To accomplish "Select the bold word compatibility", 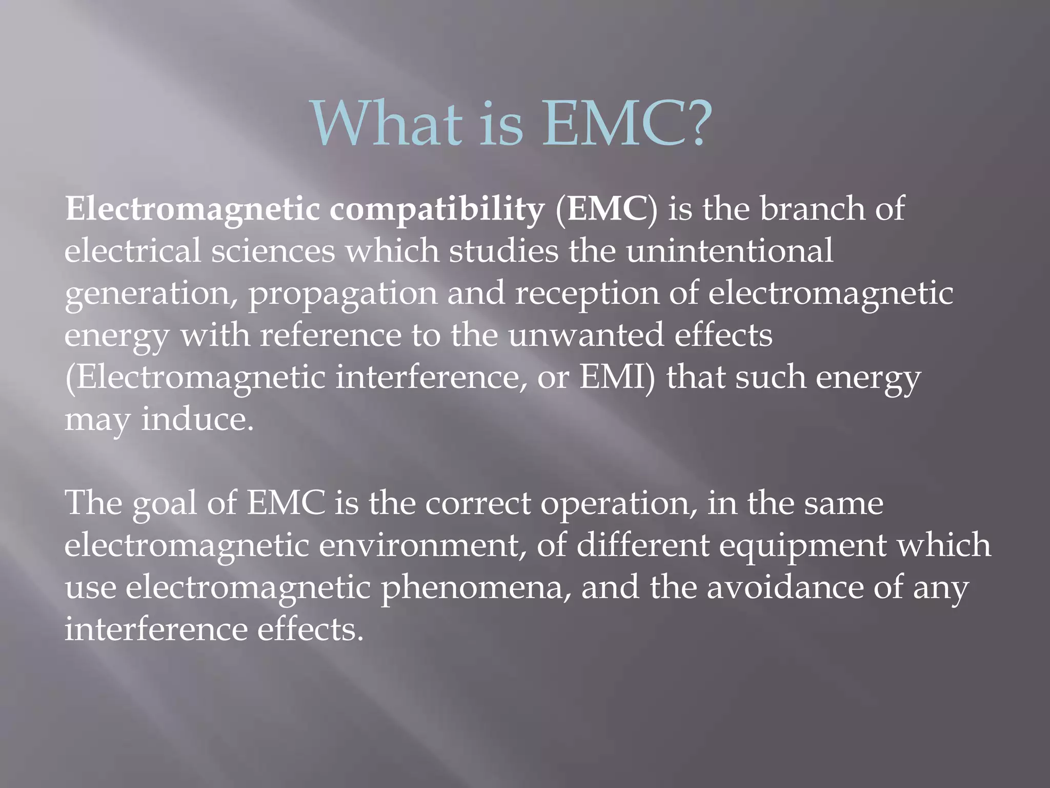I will [x=436, y=210].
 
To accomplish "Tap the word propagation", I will [x=343, y=294].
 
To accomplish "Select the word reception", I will [x=587, y=294].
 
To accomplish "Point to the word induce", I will [x=197, y=419].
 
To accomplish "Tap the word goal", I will [x=165, y=503].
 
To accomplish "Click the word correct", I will [x=477, y=503].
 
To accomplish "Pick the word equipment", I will [x=802, y=546].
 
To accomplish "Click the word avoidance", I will [x=784, y=587].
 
